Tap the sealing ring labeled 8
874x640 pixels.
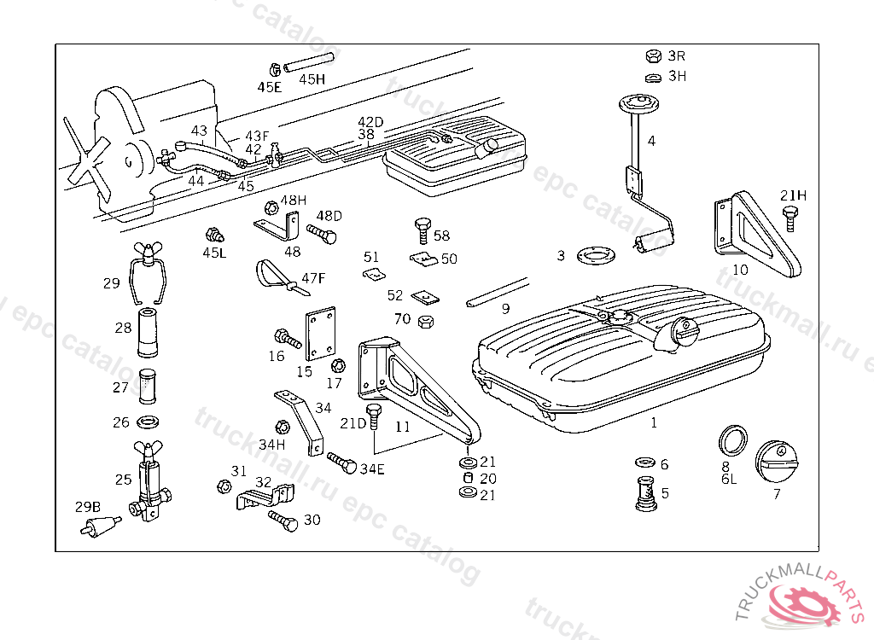[733, 439]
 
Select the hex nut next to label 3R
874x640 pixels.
[652, 56]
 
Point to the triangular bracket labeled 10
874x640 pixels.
[756, 234]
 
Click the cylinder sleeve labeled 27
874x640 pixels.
[149, 387]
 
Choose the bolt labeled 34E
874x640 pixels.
[342, 465]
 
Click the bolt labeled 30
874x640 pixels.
[283, 520]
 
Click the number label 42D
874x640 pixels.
[370, 122]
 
